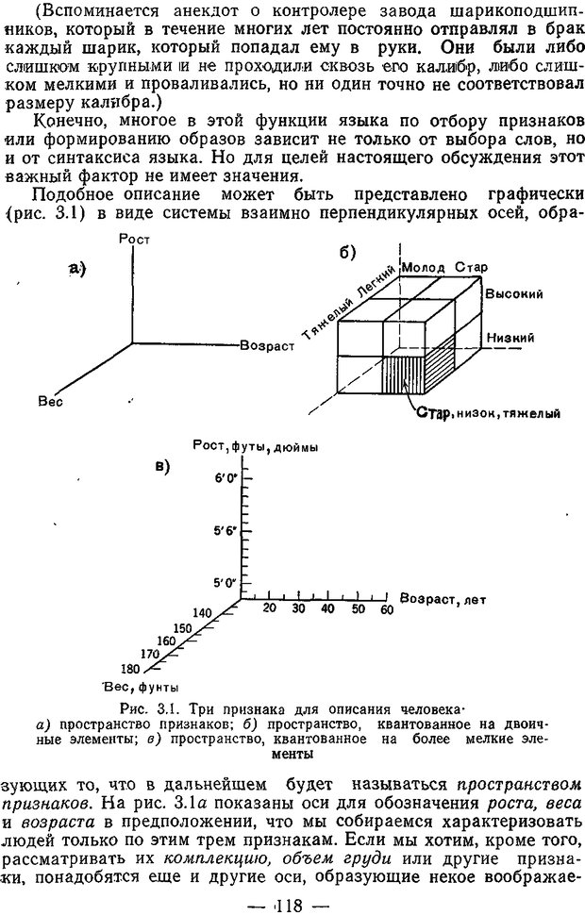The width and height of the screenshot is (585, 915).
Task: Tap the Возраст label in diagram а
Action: [x=268, y=346]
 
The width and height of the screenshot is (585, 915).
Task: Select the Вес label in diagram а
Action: [x=50, y=401]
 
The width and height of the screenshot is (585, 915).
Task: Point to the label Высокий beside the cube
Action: [x=514, y=294]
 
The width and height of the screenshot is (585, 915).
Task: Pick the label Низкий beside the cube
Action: [x=510, y=338]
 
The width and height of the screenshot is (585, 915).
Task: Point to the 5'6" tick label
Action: [x=225, y=532]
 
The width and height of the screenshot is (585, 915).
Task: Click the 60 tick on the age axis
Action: [x=385, y=610]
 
